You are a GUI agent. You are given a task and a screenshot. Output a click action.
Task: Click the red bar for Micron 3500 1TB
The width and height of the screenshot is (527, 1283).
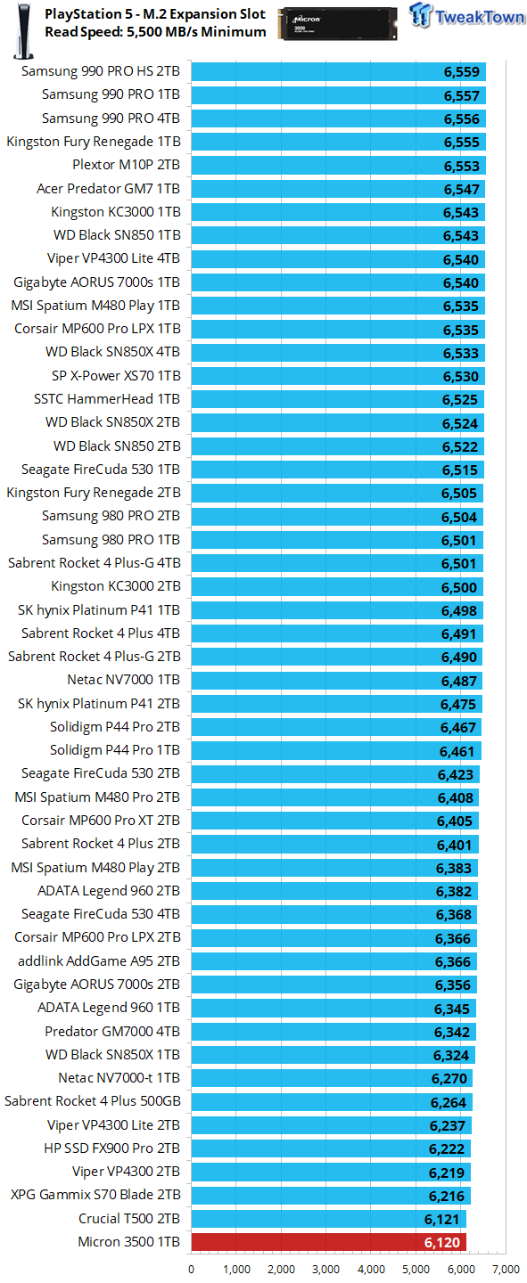coord(328,1241)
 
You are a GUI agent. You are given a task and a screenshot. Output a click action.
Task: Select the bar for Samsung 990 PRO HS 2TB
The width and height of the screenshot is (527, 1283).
coord(338,72)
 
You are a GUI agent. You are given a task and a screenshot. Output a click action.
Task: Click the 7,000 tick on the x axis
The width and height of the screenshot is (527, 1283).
coord(506,1268)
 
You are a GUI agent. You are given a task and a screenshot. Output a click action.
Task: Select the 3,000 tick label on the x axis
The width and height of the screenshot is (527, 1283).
coord(326,1268)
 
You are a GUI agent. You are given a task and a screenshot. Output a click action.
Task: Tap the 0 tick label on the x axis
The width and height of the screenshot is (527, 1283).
coord(192,1268)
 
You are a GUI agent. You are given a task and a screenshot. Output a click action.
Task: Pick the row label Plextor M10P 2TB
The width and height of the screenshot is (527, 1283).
coord(126,165)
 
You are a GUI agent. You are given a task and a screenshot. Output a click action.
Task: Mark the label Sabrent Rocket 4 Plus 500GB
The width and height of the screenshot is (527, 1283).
coord(93,1100)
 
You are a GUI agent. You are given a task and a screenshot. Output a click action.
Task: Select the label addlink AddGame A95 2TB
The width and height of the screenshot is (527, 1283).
coord(99,960)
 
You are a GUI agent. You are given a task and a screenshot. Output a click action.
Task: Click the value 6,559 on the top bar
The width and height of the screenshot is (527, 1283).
coord(462,72)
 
